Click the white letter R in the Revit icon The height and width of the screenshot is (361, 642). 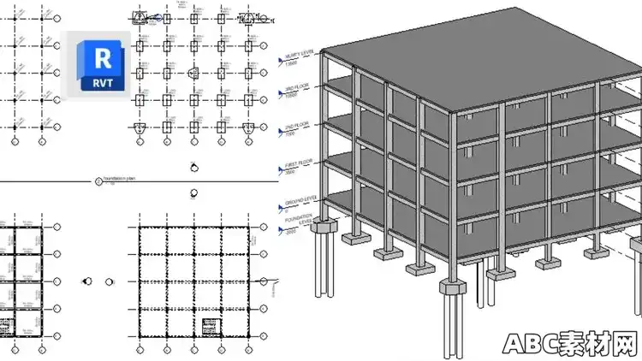click(101, 58)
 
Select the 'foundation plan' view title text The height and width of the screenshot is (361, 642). click(119, 179)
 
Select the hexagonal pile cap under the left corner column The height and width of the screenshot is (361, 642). click(323, 228)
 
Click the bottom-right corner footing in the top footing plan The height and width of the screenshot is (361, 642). click(247, 127)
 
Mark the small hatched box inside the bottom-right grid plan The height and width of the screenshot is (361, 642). click(210, 326)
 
